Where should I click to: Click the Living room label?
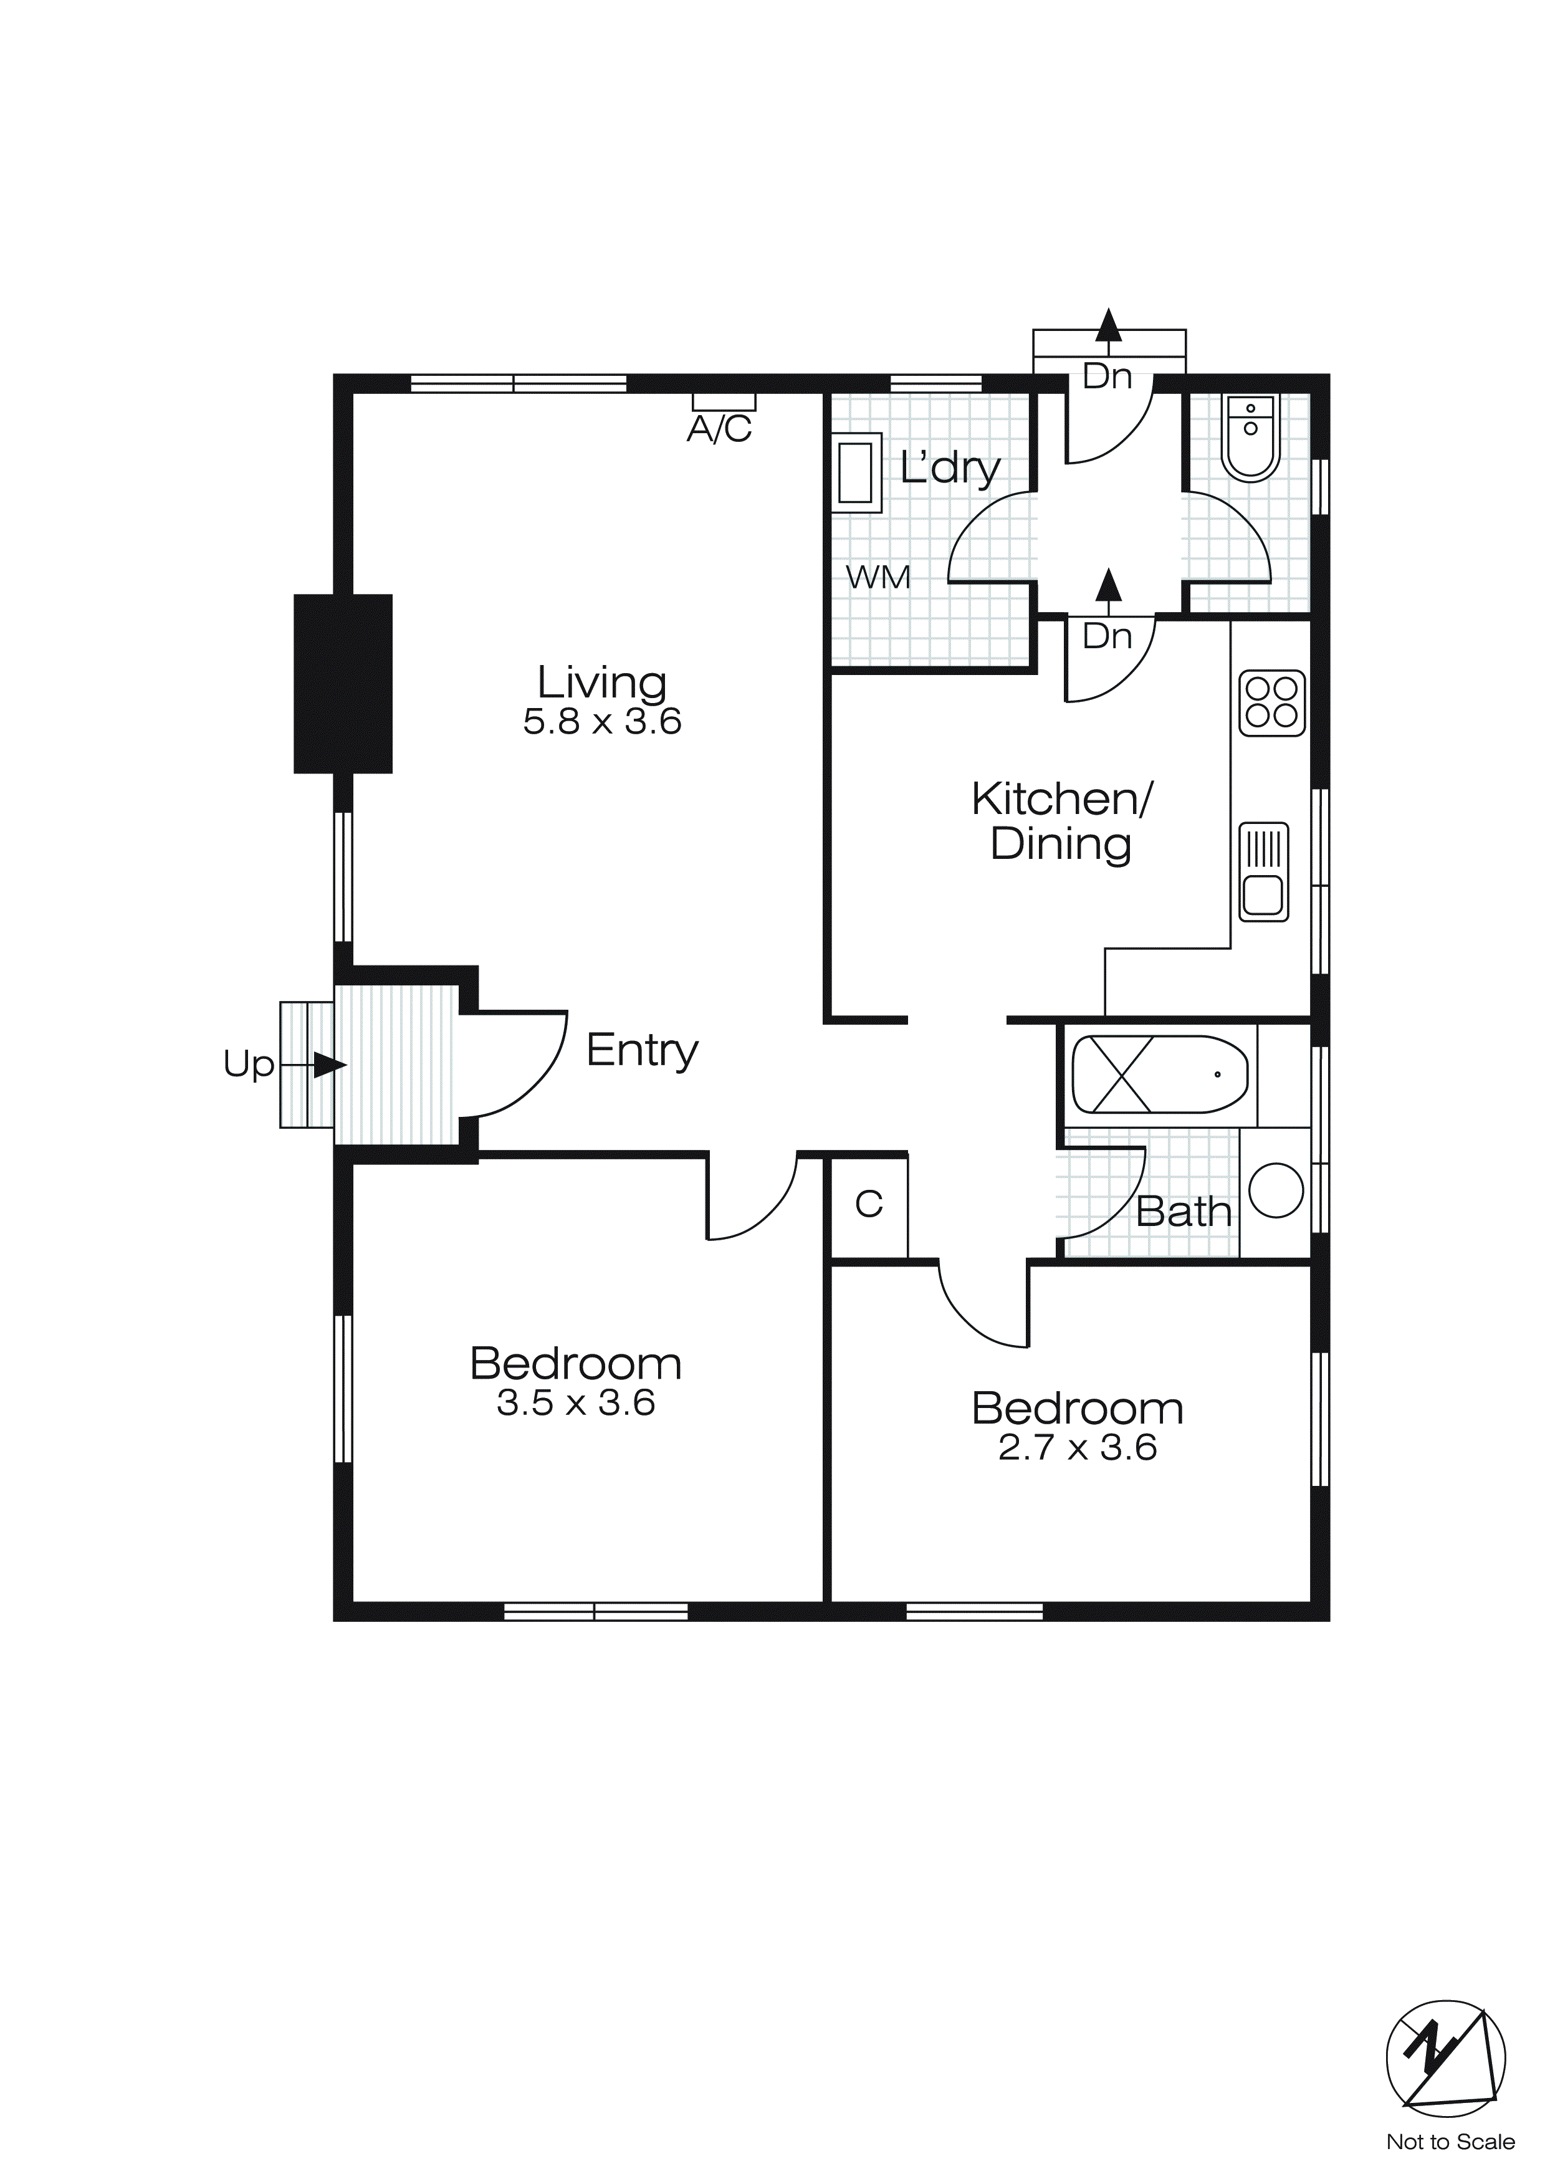(601, 683)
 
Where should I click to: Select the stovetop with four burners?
(1272, 703)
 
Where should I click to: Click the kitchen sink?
(1263, 871)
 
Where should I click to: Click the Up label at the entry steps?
(248, 1065)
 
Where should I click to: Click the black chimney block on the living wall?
(343, 683)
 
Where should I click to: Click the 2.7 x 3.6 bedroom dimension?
(1077, 1448)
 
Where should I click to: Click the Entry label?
(642, 1050)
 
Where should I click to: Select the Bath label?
(1184, 1212)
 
